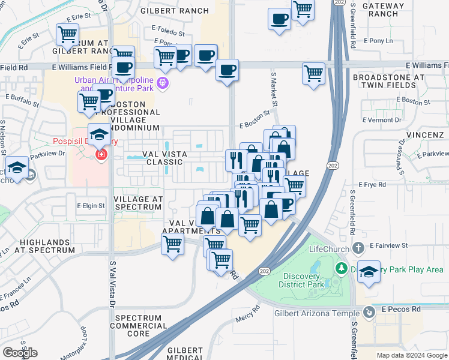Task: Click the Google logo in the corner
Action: pyautogui.click(x=20, y=352)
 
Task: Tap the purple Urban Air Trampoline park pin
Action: pyautogui.click(x=161, y=83)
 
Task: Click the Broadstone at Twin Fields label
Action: pyautogui.click(x=388, y=82)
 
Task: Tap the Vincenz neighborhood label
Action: pyautogui.click(x=425, y=136)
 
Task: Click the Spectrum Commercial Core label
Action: pyautogui.click(x=141, y=325)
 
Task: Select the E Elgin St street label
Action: pyautogui.click(x=91, y=206)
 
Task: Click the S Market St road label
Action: pyautogui.click(x=274, y=89)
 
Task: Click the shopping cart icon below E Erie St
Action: pyautogui.click(x=68, y=34)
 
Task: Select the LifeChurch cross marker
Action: pyautogui.click(x=358, y=247)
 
